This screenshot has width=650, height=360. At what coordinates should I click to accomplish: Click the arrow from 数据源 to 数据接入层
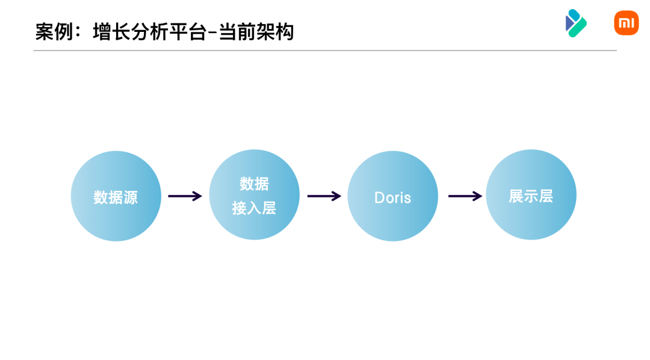[x=185, y=196]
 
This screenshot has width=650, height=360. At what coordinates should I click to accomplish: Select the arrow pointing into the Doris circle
[x=324, y=196]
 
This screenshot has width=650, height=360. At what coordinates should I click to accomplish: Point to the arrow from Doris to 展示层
[x=465, y=196]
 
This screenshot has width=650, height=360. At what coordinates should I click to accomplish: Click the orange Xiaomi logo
[x=626, y=23]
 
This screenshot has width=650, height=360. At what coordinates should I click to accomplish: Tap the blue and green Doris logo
[x=575, y=23]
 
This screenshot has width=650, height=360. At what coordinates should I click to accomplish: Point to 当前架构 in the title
[x=256, y=32]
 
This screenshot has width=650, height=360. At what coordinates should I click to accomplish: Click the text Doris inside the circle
[x=392, y=197]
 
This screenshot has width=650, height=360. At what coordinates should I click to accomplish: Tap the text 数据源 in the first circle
[x=116, y=197]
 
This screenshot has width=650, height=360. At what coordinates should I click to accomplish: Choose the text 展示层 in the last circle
[x=531, y=196]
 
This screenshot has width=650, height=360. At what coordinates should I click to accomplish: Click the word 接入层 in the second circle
[x=254, y=208]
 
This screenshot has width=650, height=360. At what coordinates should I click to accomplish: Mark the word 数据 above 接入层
[x=254, y=184]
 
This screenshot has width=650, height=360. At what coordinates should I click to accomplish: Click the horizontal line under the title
[x=325, y=51]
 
